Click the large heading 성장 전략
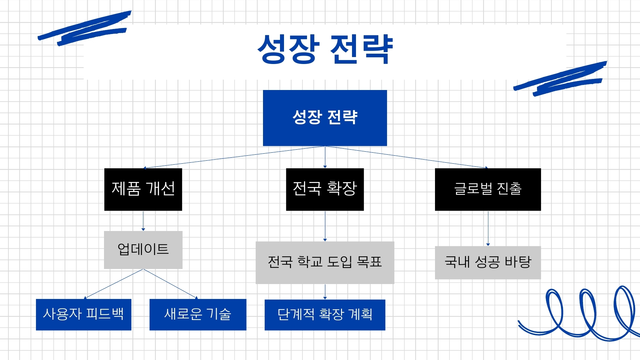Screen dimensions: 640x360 pyautogui.click(x=325, y=49)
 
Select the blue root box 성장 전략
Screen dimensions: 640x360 pyautogui.click(x=325, y=118)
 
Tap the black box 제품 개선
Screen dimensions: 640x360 pyautogui.click(x=143, y=189)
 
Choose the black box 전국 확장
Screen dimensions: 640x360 pyautogui.click(x=325, y=189)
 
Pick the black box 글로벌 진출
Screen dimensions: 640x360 pyautogui.click(x=488, y=189)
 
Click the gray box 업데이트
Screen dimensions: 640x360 pyautogui.click(x=143, y=250)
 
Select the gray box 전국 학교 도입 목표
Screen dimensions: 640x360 pyautogui.click(x=325, y=263)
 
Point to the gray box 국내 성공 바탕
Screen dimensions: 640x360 pyautogui.click(x=488, y=263)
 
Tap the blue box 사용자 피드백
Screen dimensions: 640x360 pyautogui.click(x=84, y=315)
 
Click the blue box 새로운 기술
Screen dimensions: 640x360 pyautogui.click(x=198, y=315)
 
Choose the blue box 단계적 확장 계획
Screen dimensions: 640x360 pyautogui.click(x=325, y=315)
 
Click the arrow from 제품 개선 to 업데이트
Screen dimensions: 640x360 pyautogui.click(x=143, y=221)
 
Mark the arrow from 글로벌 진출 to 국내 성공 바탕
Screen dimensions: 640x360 pyautogui.click(x=488, y=228)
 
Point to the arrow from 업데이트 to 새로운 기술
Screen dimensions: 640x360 pyautogui.click(x=171, y=284)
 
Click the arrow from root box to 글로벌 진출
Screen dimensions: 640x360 pyautogui.click(x=407, y=157)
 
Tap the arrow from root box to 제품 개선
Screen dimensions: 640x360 pyautogui.click(x=234, y=157)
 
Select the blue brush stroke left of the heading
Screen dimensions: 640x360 pyautogui.click(x=85, y=28)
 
